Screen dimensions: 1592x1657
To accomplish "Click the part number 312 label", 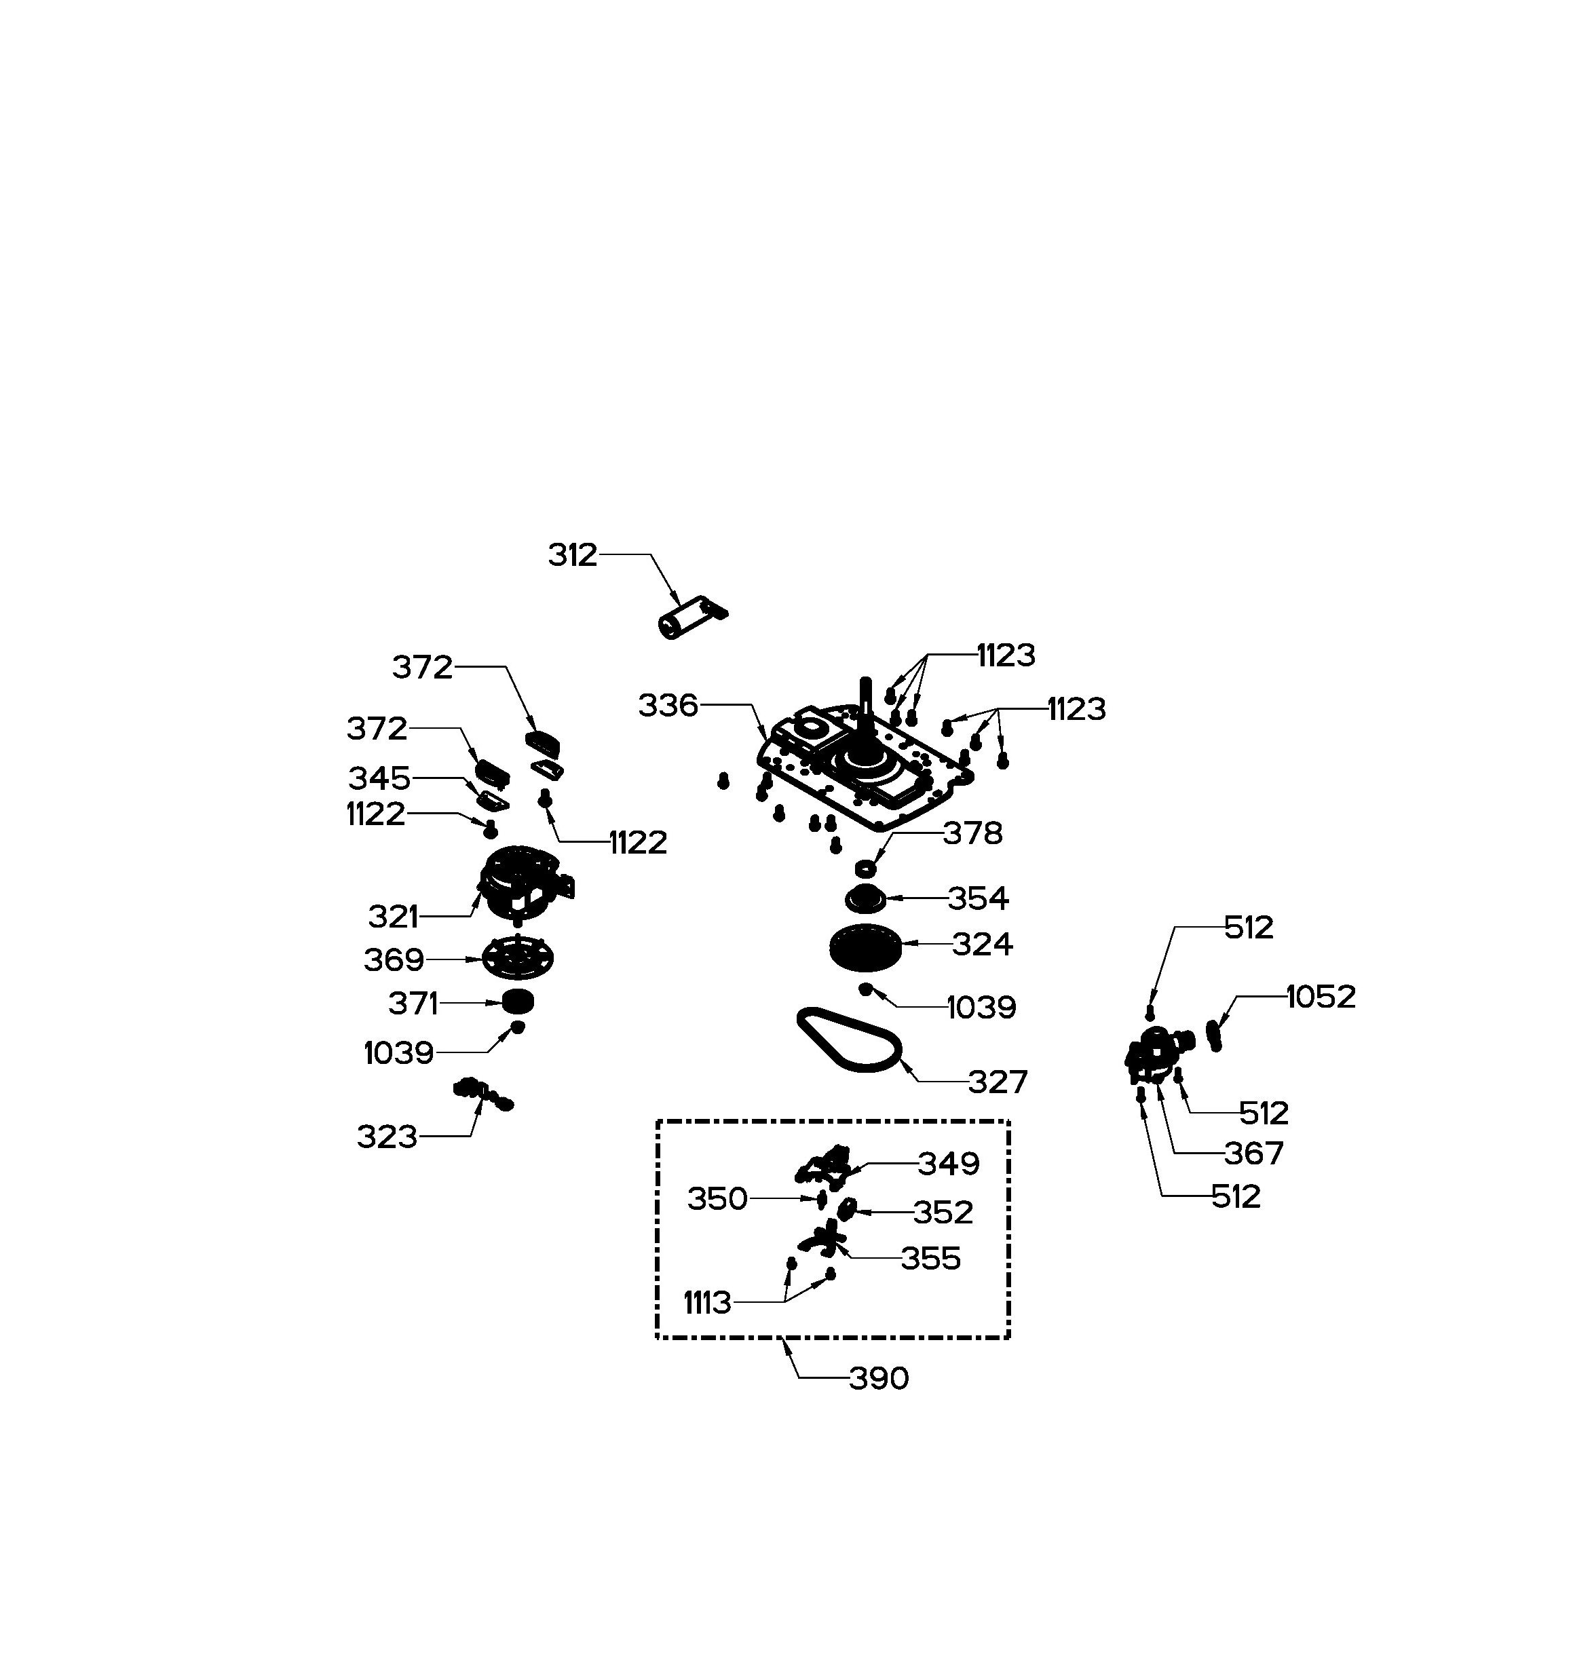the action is coord(572,556).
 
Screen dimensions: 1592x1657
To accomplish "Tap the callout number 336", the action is coord(668,705).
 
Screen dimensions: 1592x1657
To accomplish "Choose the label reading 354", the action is coord(978,898).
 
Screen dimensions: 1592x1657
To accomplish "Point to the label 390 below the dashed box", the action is coord(878,1379).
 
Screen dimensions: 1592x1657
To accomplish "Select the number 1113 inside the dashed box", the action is coord(707,1303).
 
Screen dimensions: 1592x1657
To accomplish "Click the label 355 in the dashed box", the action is coord(931,1259).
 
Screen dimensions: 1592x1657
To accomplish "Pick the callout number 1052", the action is coord(1321,997).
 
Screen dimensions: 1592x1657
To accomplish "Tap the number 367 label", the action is coord(1254,1153).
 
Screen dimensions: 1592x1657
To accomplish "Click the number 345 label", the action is coord(379,778).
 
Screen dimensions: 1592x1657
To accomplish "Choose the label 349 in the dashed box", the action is coord(949,1164).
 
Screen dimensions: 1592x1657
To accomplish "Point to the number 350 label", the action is coord(717,1199).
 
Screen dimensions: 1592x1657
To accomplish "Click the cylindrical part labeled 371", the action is coord(517,1002).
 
